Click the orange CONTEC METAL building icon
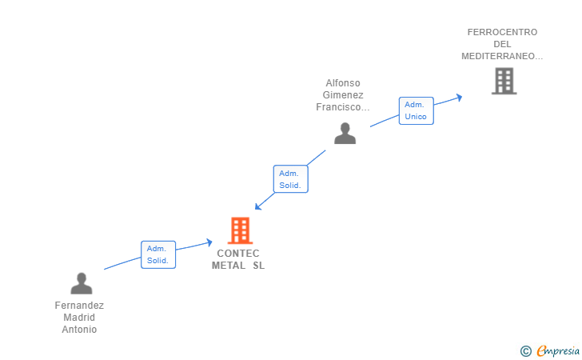pos(240,230)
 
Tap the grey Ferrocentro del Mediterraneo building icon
pos(504,81)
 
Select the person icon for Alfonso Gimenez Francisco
pos(345,134)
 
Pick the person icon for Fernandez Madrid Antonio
pos(81,283)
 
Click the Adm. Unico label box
pos(416,110)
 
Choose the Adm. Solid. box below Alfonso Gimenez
pos(290,179)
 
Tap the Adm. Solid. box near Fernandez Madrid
pos(157,254)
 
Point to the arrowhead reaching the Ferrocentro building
pos(458,97)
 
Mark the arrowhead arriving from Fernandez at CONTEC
pos(209,242)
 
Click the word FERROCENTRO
pos(502,32)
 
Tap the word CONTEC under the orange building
pos(238,254)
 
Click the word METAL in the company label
pos(229,266)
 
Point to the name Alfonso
pos(344,82)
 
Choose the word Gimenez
pos(344,94)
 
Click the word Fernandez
pos(79,305)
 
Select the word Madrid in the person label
pos(79,317)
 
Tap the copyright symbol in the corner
pos(525,350)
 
